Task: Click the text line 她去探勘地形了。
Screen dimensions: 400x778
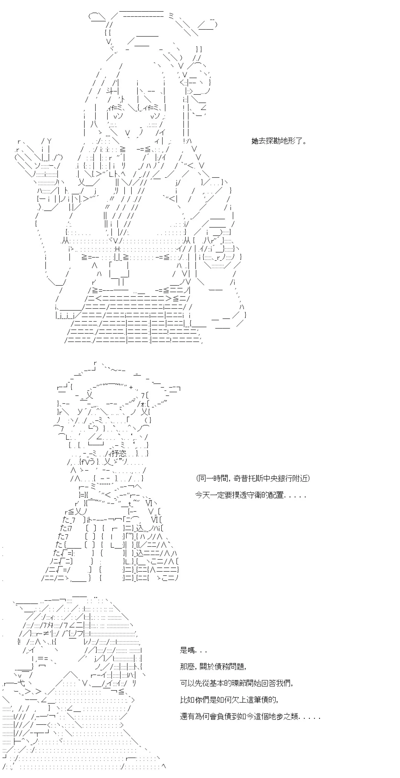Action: [x=279, y=141]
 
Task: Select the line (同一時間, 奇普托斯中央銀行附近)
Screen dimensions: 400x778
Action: [x=253, y=478]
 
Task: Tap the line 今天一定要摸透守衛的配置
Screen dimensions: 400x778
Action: [x=250, y=495]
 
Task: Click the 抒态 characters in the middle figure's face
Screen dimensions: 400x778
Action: [x=118, y=453]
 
